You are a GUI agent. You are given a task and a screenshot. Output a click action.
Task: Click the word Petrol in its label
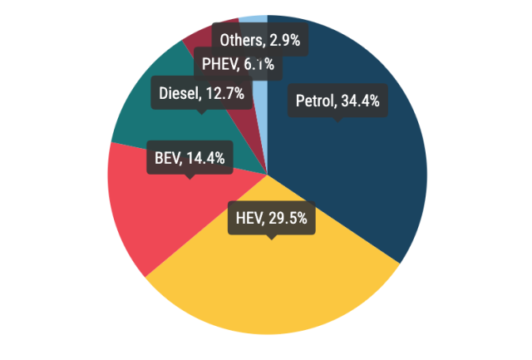tap(314, 101)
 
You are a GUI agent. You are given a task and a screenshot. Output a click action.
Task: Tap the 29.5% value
tap(288, 219)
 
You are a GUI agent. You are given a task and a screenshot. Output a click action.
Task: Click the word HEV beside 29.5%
tap(249, 219)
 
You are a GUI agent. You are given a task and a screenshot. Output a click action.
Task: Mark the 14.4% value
tap(205, 157)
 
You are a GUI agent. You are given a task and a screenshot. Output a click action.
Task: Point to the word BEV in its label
tap(168, 157)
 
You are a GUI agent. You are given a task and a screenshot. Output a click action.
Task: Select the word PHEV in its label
tap(219, 64)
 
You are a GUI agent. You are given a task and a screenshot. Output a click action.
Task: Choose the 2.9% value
tap(284, 38)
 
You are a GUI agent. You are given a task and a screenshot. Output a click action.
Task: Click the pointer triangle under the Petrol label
tap(337, 120)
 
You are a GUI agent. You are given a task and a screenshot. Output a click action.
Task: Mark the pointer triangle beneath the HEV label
tap(270, 238)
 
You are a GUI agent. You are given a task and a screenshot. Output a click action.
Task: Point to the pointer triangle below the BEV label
tap(190, 175)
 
